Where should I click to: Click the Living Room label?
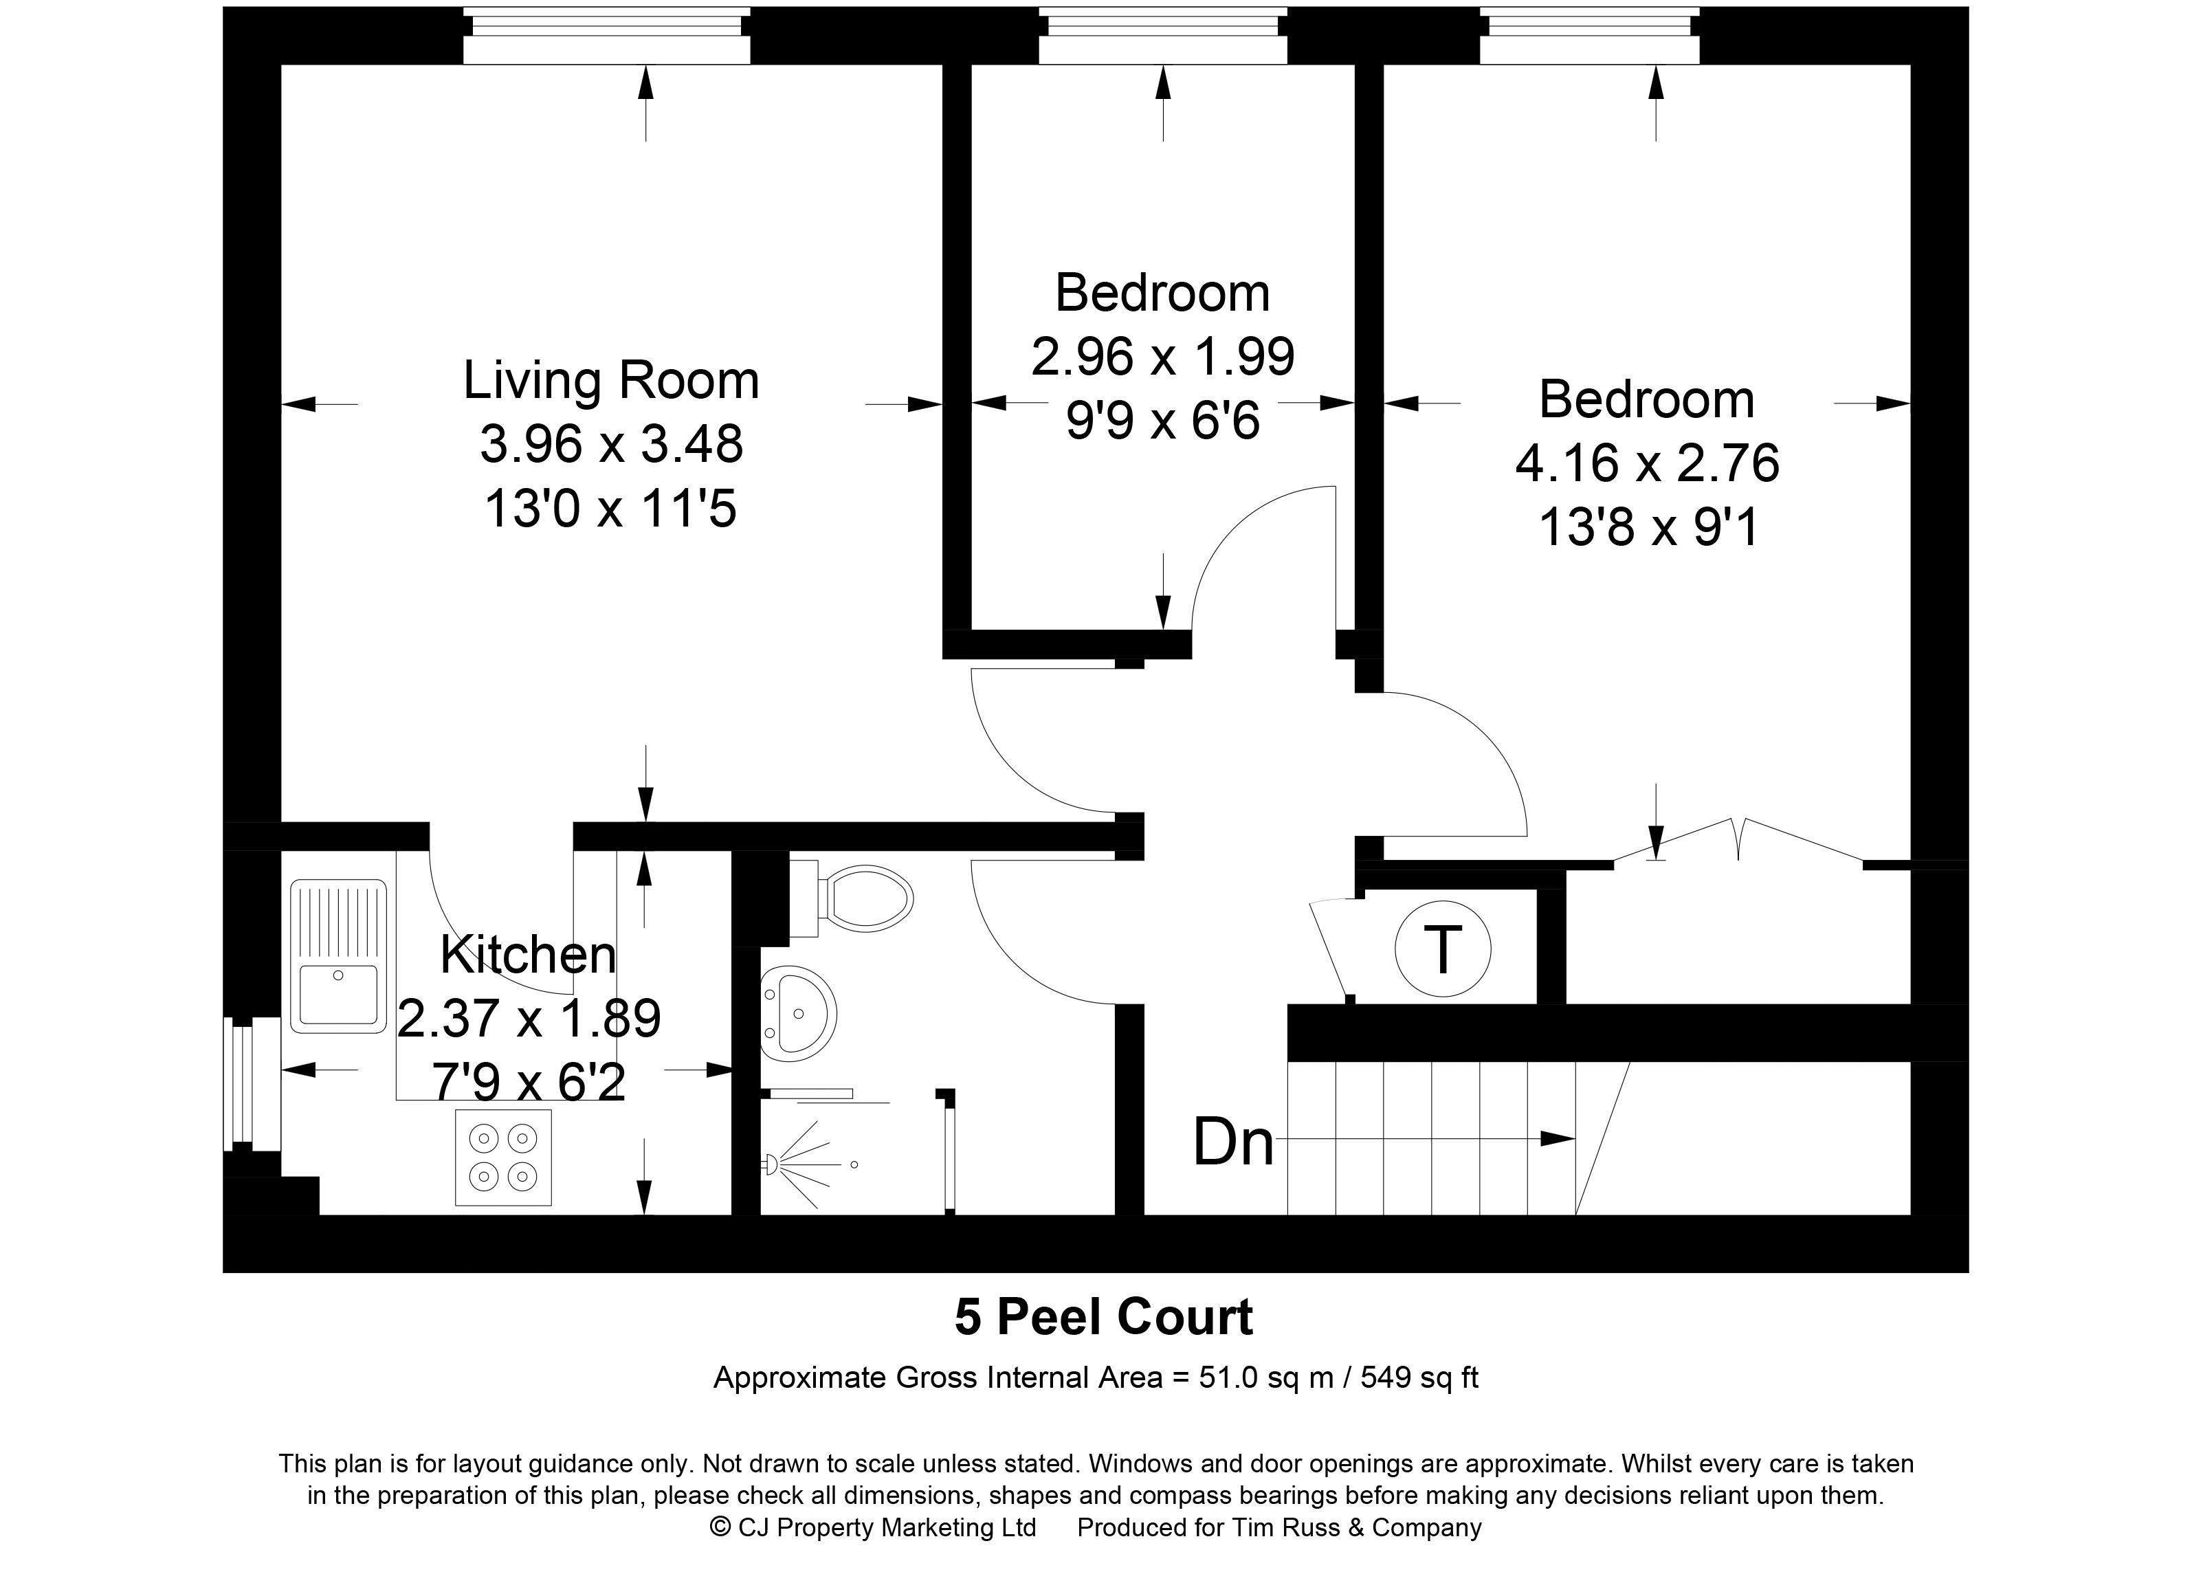(x=611, y=380)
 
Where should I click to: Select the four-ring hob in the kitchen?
(x=502, y=1157)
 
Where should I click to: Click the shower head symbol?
(x=773, y=1164)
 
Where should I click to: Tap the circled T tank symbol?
(x=1442, y=950)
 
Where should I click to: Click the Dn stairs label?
(x=1233, y=1141)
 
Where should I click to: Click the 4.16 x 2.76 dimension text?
(x=1646, y=463)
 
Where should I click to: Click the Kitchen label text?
(x=528, y=955)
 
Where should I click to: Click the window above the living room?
(x=606, y=36)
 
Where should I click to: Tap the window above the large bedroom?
(x=1589, y=36)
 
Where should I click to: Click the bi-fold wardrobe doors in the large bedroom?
(x=1738, y=839)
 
